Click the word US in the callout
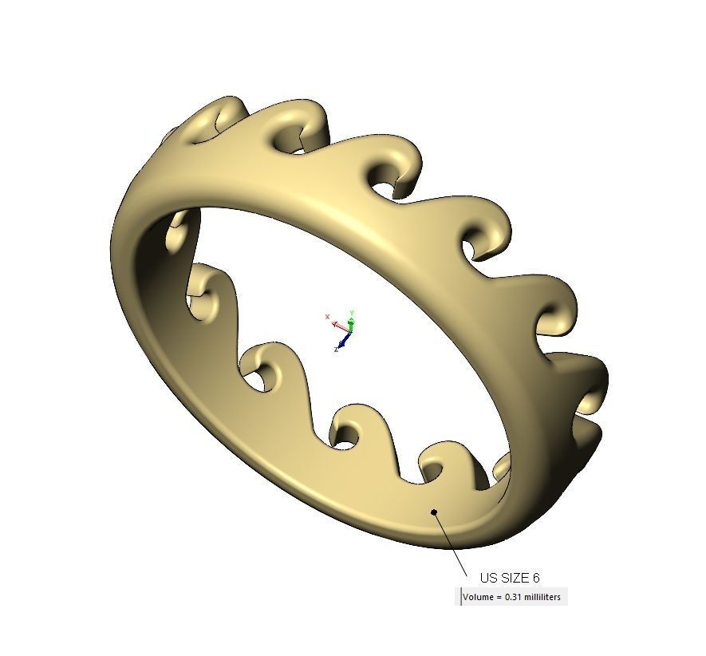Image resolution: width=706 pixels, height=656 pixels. pos(487,578)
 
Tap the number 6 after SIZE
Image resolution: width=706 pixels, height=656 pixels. pos(536,578)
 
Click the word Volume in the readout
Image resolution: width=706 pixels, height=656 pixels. pos(477,597)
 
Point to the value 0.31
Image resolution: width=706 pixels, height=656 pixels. pos(515,597)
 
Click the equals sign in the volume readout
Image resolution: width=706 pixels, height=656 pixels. pos(499,597)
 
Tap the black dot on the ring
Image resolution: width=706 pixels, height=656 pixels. pos(434,512)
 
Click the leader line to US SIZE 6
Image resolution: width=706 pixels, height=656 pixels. pos(452,545)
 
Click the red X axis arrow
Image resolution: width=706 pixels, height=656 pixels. pos(338,324)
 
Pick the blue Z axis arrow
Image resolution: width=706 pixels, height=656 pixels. pos(344,342)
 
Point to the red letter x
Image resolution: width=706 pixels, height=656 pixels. pos(328,317)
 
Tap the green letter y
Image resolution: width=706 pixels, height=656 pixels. pos(352,311)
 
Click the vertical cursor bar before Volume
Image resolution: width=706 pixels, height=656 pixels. pos(460,597)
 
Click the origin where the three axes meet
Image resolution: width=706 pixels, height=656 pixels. pos(350,330)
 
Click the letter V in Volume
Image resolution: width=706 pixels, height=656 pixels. pos(465,597)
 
